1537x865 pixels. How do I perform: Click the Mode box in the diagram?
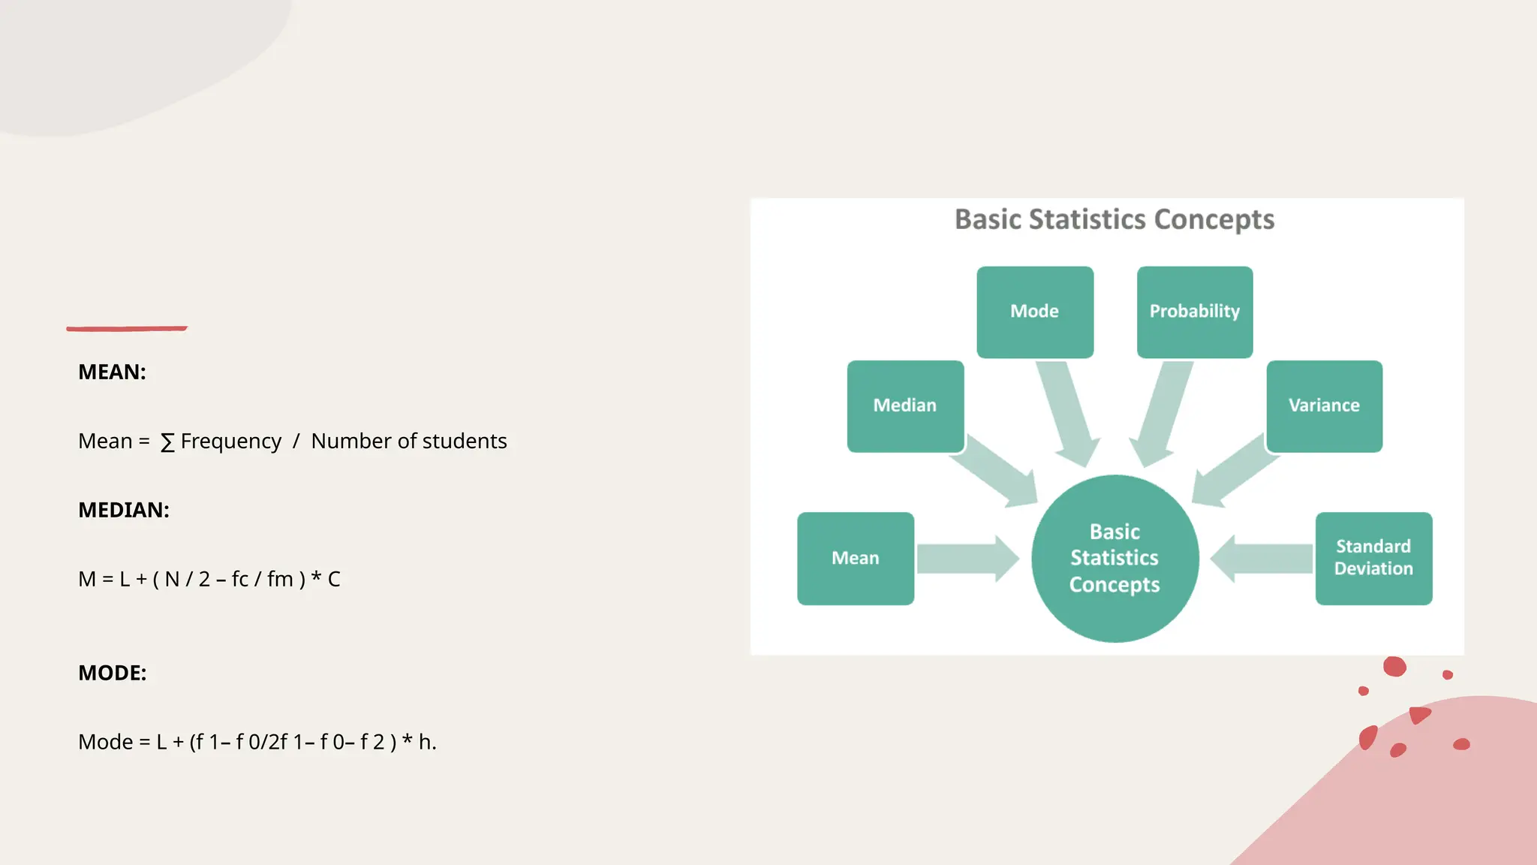[1035, 312]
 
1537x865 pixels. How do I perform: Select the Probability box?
[1195, 312]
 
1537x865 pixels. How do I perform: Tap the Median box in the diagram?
[905, 405]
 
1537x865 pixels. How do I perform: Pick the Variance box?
[1324, 405]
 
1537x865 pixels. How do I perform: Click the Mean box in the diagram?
[856, 558]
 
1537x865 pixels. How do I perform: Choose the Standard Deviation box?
[1373, 558]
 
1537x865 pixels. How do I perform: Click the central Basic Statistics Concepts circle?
[1114, 558]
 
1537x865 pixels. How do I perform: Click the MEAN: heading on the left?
[112, 372]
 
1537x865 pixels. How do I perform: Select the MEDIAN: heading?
[124, 510]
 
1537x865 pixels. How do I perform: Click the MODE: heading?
[113, 673]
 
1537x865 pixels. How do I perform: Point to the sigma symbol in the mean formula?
[167, 442]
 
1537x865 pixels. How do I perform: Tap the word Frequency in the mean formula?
[231, 442]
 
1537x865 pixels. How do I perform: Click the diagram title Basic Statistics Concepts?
[1114, 219]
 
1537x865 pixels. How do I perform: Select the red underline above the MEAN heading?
[127, 328]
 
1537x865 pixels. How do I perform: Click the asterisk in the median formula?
[316, 577]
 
